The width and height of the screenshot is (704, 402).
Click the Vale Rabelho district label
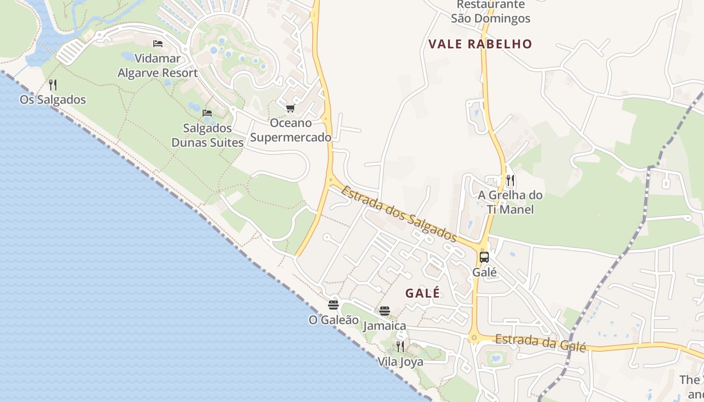click(480, 44)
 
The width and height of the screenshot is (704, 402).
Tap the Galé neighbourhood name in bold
click(422, 293)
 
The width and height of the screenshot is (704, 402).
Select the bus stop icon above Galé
click(484, 257)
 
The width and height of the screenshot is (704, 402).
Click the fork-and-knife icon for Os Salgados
click(52, 85)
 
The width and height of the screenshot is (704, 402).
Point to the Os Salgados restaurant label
click(52, 99)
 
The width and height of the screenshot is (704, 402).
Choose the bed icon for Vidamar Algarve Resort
click(158, 44)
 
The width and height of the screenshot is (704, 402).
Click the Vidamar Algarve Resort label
click(157, 66)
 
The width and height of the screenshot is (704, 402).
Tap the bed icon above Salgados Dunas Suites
click(207, 113)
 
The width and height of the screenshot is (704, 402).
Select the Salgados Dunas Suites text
click(207, 135)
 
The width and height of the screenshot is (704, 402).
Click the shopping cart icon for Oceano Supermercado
click(290, 108)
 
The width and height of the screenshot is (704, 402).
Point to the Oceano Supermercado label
click(291, 130)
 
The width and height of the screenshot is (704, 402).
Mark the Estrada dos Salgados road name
click(399, 214)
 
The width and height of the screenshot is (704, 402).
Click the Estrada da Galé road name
click(541, 343)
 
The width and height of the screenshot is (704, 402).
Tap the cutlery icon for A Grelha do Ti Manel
click(510, 180)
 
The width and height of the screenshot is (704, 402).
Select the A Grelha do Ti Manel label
click(510, 202)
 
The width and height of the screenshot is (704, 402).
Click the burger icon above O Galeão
click(333, 305)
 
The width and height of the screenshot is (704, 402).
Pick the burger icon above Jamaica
click(385, 311)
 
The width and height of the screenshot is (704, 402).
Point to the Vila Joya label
click(400, 362)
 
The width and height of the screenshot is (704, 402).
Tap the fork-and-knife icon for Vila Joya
click(400, 346)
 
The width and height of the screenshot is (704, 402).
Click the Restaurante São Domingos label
click(490, 12)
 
